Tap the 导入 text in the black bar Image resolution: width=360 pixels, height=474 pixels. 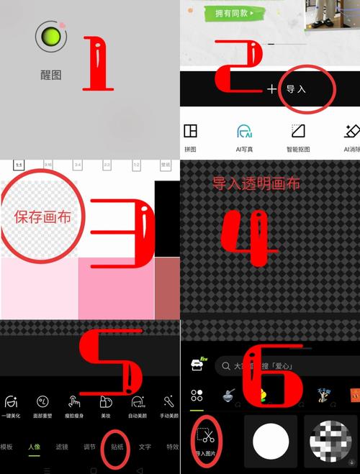(297, 89)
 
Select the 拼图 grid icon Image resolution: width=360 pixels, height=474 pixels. (190, 131)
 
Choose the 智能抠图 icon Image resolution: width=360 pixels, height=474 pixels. (298, 131)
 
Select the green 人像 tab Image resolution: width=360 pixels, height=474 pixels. (34, 447)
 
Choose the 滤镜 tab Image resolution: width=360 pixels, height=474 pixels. (63, 447)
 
